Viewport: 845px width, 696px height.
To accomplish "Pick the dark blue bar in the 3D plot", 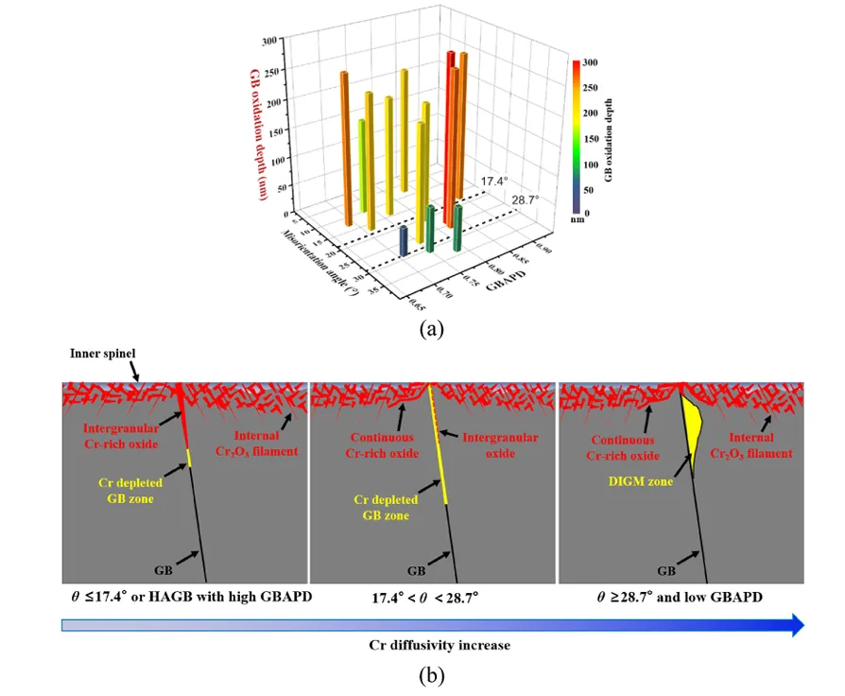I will click(404, 240).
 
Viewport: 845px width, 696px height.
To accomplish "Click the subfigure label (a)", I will click(431, 329).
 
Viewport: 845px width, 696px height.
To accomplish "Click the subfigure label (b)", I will click(431, 676).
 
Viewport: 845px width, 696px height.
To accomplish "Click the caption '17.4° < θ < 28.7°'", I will click(433, 599).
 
